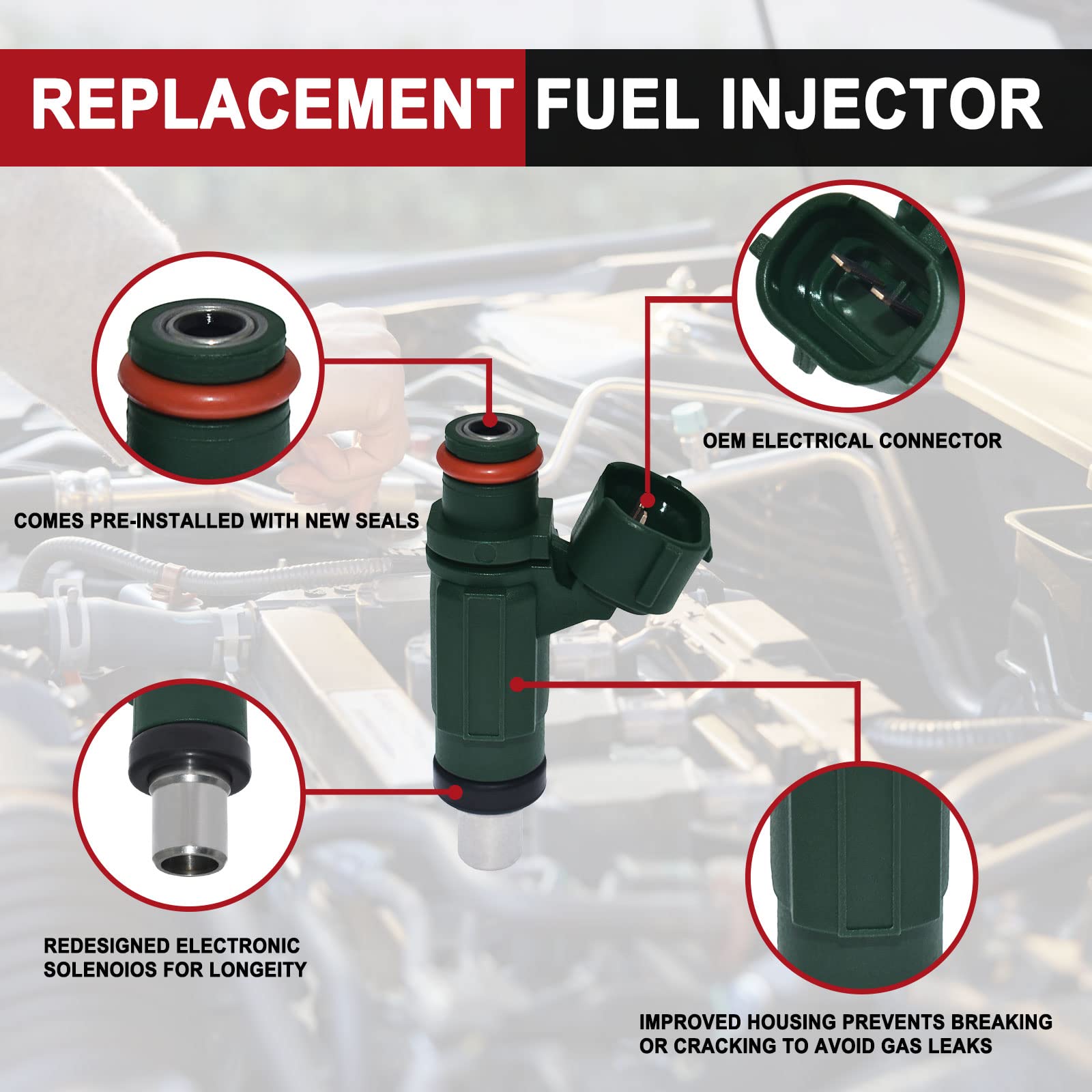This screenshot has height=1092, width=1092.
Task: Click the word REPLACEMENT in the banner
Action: coord(272,104)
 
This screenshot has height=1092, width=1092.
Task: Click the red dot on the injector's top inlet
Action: coord(489,420)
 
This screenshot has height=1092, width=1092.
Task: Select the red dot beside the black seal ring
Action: coord(455,792)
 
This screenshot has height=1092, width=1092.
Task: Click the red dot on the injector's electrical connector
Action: coord(647,502)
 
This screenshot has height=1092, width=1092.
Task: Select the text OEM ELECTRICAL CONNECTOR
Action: coord(852,441)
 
